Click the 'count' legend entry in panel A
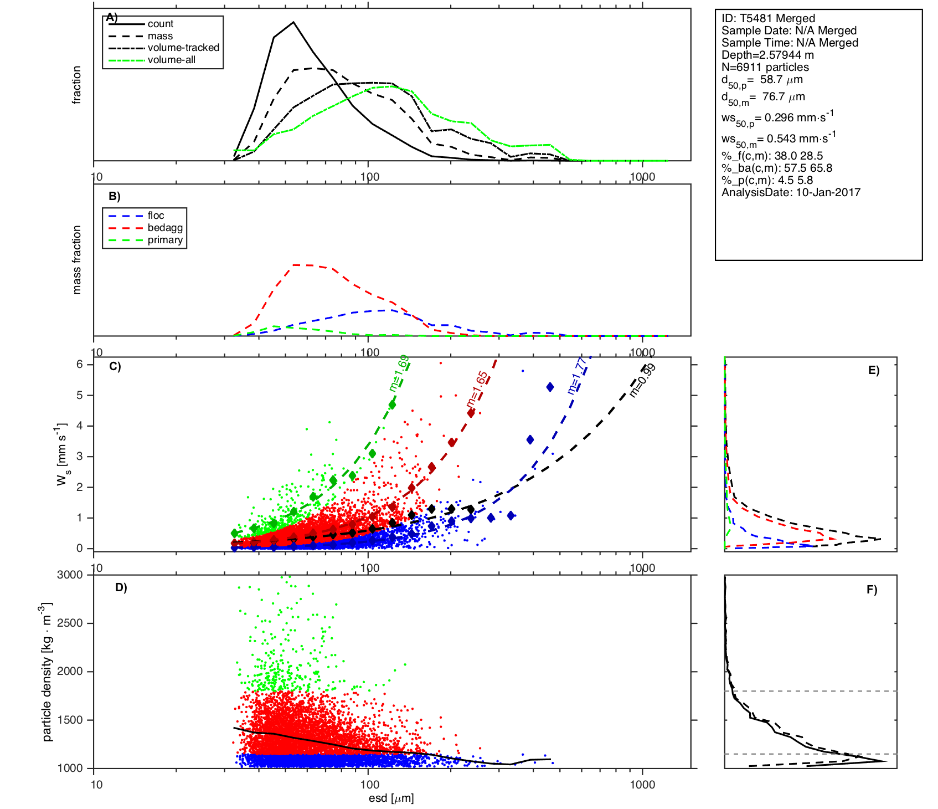click(160, 24)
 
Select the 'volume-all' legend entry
click(171, 60)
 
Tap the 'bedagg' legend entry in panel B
click(165, 228)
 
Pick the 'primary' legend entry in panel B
click(165, 240)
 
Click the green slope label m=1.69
click(399, 373)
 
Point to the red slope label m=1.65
click(477, 389)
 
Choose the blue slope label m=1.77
click(577, 376)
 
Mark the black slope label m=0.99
click(643, 380)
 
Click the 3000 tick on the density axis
click(70, 575)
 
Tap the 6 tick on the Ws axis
click(80, 364)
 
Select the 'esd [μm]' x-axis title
click(391, 798)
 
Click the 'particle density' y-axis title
click(47, 672)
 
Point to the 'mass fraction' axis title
click(77, 259)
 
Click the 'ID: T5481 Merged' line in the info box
click(768, 18)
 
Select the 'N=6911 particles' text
click(765, 67)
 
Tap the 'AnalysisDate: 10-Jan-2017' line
click(791, 192)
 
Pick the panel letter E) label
click(874, 370)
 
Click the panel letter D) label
click(121, 587)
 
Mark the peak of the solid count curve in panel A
click(293, 22)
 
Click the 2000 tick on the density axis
click(70, 671)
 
